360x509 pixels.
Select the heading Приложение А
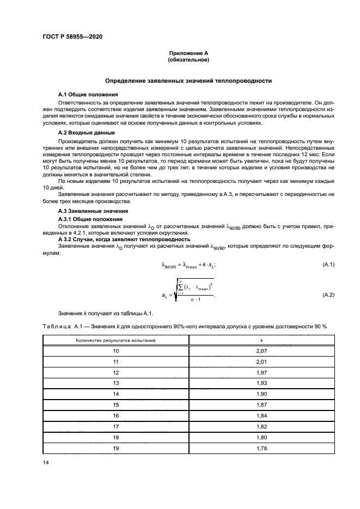[188, 53]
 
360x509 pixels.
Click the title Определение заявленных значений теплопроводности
[188, 81]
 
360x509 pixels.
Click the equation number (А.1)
[328, 265]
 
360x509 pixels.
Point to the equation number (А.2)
[328, 295]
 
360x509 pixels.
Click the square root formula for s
[188, 294]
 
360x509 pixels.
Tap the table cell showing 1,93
[261, 384]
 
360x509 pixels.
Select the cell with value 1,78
[261, 449]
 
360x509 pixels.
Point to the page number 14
[46, 462]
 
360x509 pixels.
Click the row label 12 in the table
[115, 373]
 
